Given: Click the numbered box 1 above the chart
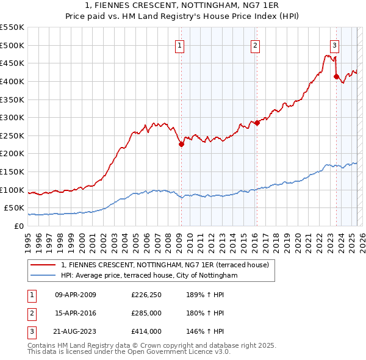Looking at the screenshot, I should (181, 44).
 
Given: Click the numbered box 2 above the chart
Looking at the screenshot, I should (256, 44).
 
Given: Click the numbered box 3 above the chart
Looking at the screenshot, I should (335, 44).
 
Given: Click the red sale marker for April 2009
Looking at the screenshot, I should (181, 144).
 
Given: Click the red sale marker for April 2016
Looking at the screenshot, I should (257, 123).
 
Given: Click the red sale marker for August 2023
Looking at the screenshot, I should (336, 76).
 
